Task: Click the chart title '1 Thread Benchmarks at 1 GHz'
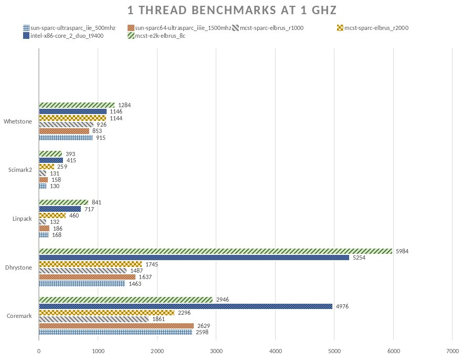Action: click(x=232, y=11)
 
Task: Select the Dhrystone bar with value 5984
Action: click(x=215, y=251)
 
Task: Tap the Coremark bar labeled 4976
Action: click(x=185, y=306)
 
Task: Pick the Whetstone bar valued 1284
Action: click(x=77, y=105)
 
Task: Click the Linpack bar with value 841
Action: click(x=64, y=202)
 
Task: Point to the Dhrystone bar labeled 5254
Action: click(x=194, y=258)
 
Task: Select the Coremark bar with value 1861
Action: click(x=93, y=319)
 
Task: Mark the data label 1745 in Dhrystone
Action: click(x=152, y=264)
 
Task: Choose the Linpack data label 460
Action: click(x=74, y=215)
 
